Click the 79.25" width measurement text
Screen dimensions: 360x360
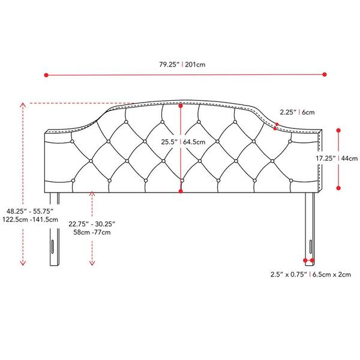click(169, 65)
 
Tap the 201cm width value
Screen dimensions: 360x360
click(195, 65)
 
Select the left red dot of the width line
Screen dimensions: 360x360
click(46, 75)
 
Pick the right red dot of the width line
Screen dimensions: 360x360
click(325, 74)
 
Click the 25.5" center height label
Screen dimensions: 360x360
click(169, 142)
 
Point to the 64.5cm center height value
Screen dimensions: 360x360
click(194, 142)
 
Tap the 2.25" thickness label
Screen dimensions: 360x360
click(288, 112)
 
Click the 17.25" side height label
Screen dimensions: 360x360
click(326, 158)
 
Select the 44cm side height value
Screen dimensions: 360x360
click(349, 158)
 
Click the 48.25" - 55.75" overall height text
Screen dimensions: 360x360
click(30, 211)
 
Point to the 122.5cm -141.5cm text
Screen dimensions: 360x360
click(30, 220)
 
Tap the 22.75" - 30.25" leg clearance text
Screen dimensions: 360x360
click(92, 224)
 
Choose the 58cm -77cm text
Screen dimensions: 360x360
click(92, 232)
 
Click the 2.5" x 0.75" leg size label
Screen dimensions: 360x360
click(289, 274)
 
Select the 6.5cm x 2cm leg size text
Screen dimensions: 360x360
click(332, 274)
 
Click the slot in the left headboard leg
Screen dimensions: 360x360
click(53, 247)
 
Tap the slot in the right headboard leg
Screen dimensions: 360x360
click(311, 247)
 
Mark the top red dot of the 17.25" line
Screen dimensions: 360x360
click(338, 130)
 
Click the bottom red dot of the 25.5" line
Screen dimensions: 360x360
click(181, 191)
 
